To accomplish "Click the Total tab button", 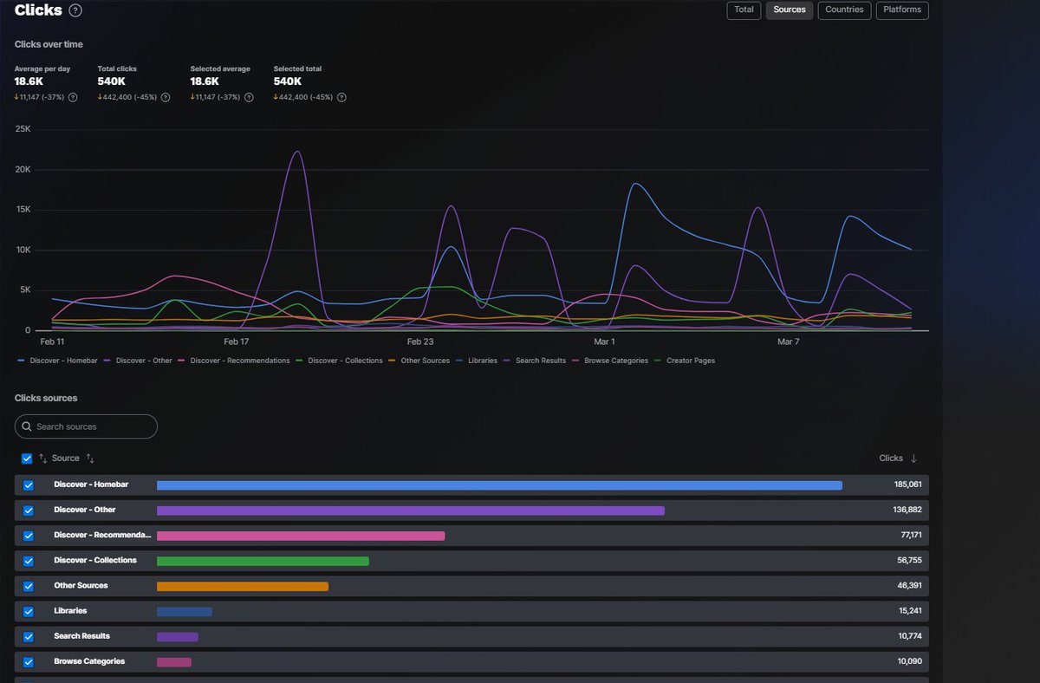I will coord(744,10).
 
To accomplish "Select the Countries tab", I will coord(844,10).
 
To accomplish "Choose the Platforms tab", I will coord(902,10).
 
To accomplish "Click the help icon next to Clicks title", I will coord(75,10).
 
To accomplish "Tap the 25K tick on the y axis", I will coord(23,129).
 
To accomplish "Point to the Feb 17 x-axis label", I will coord(236,342).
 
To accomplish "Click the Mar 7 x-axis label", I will coord(788,342).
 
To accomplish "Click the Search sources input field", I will coord(87,426).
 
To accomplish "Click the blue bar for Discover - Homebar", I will coord(499,485).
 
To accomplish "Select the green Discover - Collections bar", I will coord(263,561).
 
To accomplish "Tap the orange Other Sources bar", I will coord(243,586).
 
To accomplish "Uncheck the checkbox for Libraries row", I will coord(28,612).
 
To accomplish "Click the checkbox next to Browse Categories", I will coord(28,662).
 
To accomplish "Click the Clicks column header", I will coord(891,459).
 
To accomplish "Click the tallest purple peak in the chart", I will coord(296,153).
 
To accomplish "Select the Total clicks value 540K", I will coord(112,81).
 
